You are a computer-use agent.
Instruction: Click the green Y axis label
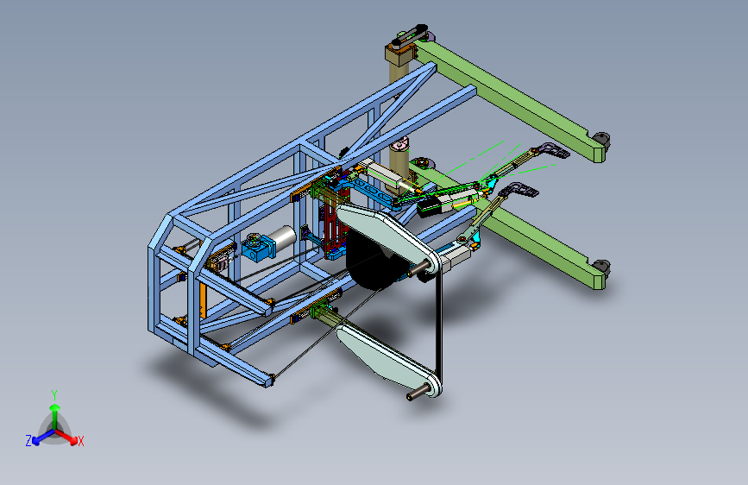point(54,395)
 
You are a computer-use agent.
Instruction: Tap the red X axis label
point(80,442)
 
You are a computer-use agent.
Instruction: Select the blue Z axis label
point(28,441)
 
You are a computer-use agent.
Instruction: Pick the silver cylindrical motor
point(282,237)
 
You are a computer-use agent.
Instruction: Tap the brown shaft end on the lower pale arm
point(416,394)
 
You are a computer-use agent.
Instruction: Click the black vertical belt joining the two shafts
point(439,324)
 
